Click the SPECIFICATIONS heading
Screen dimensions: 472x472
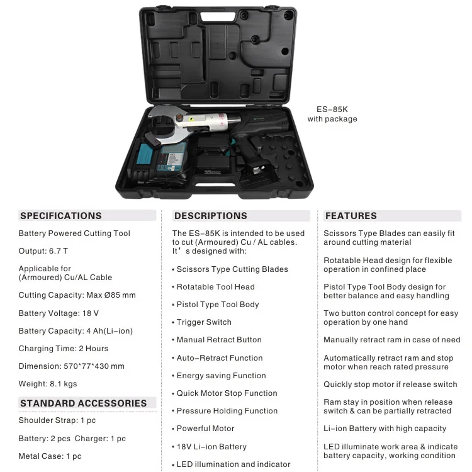tap(61, 216)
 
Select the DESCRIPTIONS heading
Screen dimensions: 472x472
tap(211, 216)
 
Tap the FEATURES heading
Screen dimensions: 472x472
tap(351, 216)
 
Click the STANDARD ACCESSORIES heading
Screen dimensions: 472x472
tap(84, 403)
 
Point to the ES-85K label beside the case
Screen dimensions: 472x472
tap(332, 109)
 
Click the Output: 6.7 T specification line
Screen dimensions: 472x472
tap(42, 251)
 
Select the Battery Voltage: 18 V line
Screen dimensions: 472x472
tap(59, 313)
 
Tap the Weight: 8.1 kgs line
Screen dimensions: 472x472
tap(48, 384)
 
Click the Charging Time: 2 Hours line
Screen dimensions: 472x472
tap(64, 349)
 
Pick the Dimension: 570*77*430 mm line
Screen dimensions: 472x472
tap(72, 366)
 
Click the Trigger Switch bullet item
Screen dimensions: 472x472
tap(204, 322)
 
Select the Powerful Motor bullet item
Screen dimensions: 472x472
tap(205, 429)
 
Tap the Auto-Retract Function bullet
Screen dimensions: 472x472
tap(220, 358)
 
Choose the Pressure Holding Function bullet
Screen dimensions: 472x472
tap(227, 411)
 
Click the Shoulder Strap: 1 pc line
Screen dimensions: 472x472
tap(57, 420)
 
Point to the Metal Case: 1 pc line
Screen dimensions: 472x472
tap(50, 456)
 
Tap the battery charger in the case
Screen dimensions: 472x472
tap(162, 163)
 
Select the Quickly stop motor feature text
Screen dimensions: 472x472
tap(390, 385)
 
